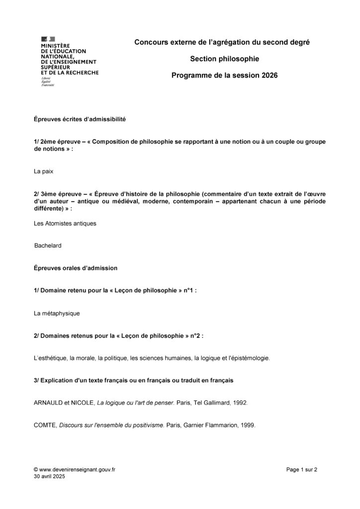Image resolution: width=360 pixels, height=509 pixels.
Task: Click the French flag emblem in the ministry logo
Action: pos(48,39)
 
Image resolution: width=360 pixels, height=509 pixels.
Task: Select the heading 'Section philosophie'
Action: pos(225,59)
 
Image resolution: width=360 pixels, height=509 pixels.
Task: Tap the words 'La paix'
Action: pos(43,171)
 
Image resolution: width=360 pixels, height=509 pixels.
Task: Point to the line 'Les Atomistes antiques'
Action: pos(65,223)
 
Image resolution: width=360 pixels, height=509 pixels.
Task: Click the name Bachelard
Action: pos(48,246)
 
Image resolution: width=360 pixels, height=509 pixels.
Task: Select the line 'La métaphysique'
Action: pos(57,314)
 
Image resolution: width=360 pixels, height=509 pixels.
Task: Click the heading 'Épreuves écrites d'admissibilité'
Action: pos(80,119)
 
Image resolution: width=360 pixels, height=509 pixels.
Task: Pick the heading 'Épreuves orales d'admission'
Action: pos(76,268)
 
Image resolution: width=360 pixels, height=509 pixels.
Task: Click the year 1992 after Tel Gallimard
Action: pos(240,403)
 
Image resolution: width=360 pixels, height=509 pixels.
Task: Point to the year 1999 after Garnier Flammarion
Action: pos(248,425)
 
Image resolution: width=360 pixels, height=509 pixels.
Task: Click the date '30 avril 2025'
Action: pos(49,476)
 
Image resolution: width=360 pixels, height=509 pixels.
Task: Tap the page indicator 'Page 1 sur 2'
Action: pos(302,469)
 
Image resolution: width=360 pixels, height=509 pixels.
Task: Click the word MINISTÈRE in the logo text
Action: pos(55,45)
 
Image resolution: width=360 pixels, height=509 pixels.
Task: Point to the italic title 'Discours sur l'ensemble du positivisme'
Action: pos(112,425)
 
